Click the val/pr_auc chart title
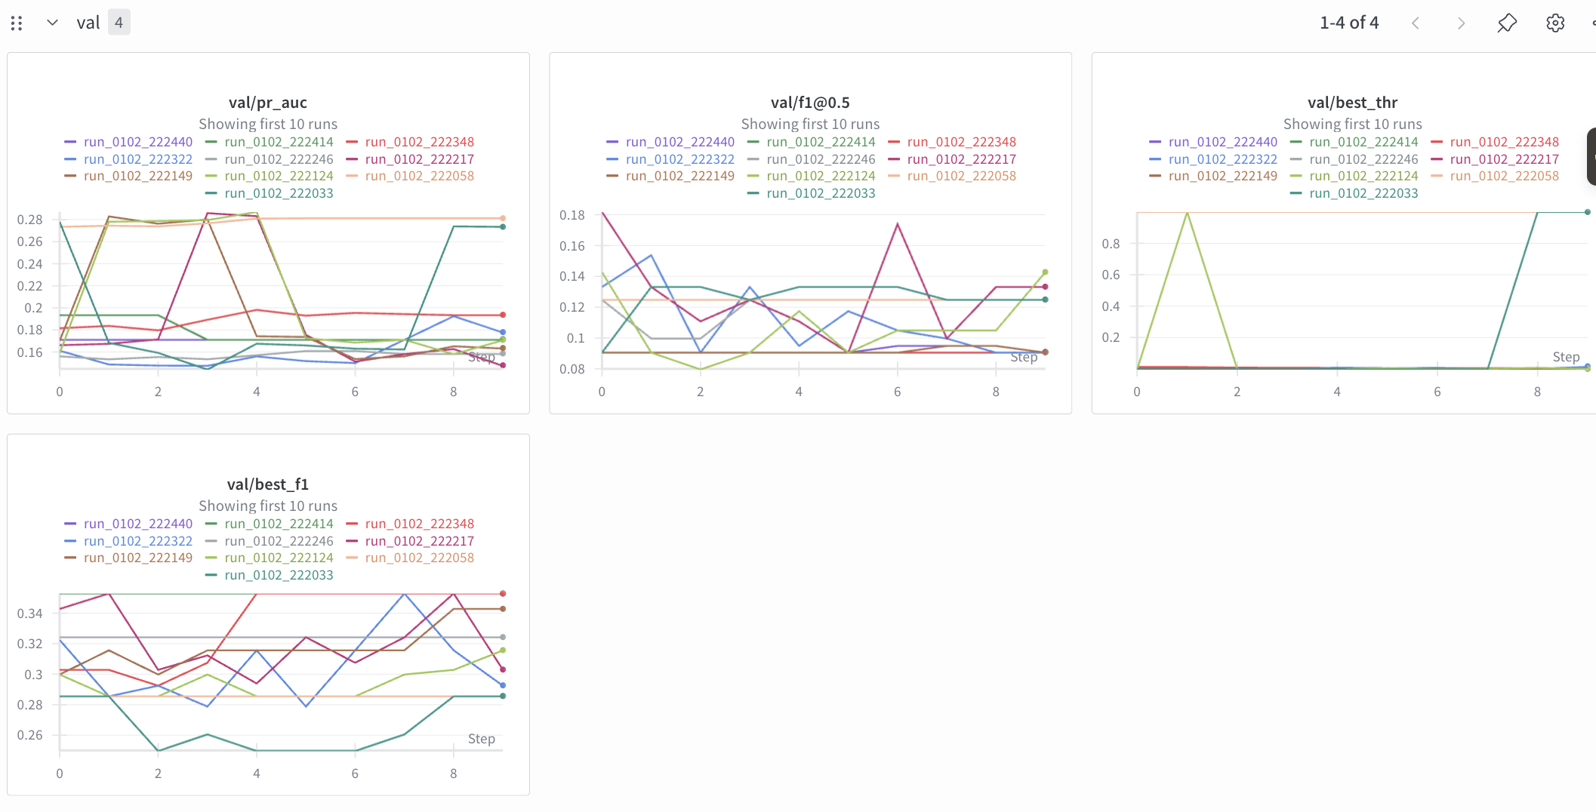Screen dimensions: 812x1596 [x=267, y=103]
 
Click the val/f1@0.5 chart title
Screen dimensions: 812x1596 [x=809, y=103]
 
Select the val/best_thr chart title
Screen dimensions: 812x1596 [x=1351, y=103]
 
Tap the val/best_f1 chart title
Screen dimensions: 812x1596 [x=267, y=484]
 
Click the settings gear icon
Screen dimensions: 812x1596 [x=1554, y=23]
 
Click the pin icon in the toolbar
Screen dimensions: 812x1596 [x=1506, y=23]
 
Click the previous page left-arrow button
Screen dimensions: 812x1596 [x=1416, y=23]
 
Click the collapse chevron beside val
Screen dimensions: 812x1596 [x=52, y=23]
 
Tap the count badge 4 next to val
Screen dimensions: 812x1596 [x=119, y=23]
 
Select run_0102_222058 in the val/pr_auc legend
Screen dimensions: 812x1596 [x=419, y=176]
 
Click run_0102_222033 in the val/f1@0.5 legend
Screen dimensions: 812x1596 [x=820, y=193]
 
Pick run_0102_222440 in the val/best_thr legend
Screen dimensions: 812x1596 [x=1222, y=142]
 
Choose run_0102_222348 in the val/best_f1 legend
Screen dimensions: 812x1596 [x=419, y=524]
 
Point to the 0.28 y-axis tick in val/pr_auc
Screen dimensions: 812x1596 [x=30, y=220]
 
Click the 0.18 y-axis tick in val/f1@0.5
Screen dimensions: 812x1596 [x=572, y=215]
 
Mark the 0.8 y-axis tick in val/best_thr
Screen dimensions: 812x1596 [x=1111, y=244]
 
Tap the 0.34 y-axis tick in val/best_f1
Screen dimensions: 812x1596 [x=30, y=614]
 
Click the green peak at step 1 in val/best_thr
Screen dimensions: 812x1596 [x=1187, y=214]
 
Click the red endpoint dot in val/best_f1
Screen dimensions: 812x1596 [x=503, y=594]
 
